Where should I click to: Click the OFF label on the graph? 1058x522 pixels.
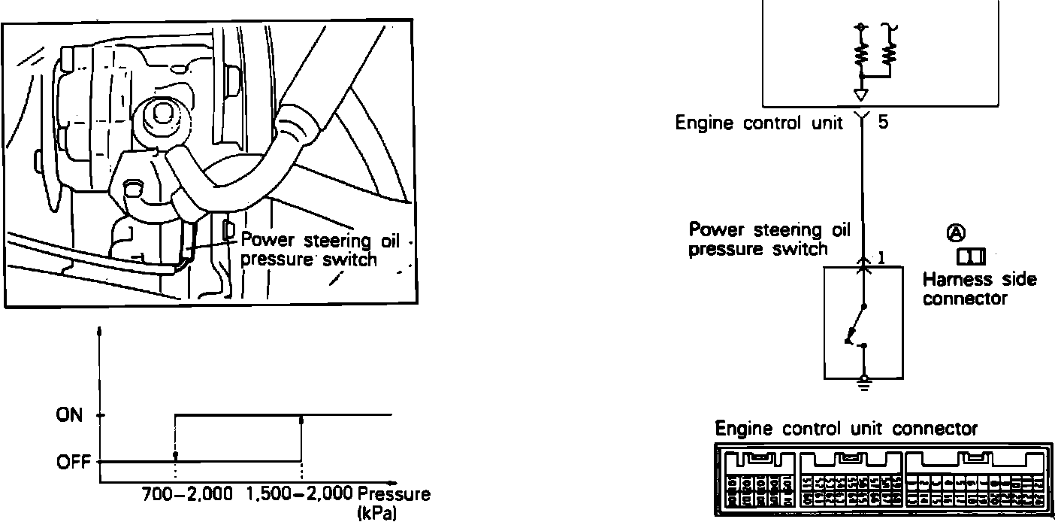coord(72,462)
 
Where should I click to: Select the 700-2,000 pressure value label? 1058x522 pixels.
coord(188,495)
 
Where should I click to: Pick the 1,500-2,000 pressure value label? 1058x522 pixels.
coord(299,495)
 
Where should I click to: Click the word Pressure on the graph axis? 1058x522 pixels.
coord(394,495)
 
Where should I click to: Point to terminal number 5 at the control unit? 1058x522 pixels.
coord(883,122)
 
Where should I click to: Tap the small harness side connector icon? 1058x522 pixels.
coord(971,257)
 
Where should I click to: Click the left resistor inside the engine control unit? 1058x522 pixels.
coord(861,54)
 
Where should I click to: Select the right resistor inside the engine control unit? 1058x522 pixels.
coord(890,54)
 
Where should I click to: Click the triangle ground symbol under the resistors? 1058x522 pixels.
coord(862,95)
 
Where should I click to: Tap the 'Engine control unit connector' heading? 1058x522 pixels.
coord(846,429)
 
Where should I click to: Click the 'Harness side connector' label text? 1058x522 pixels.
coord(979,289)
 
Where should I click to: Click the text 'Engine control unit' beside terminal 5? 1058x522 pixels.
coord(758,123)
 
